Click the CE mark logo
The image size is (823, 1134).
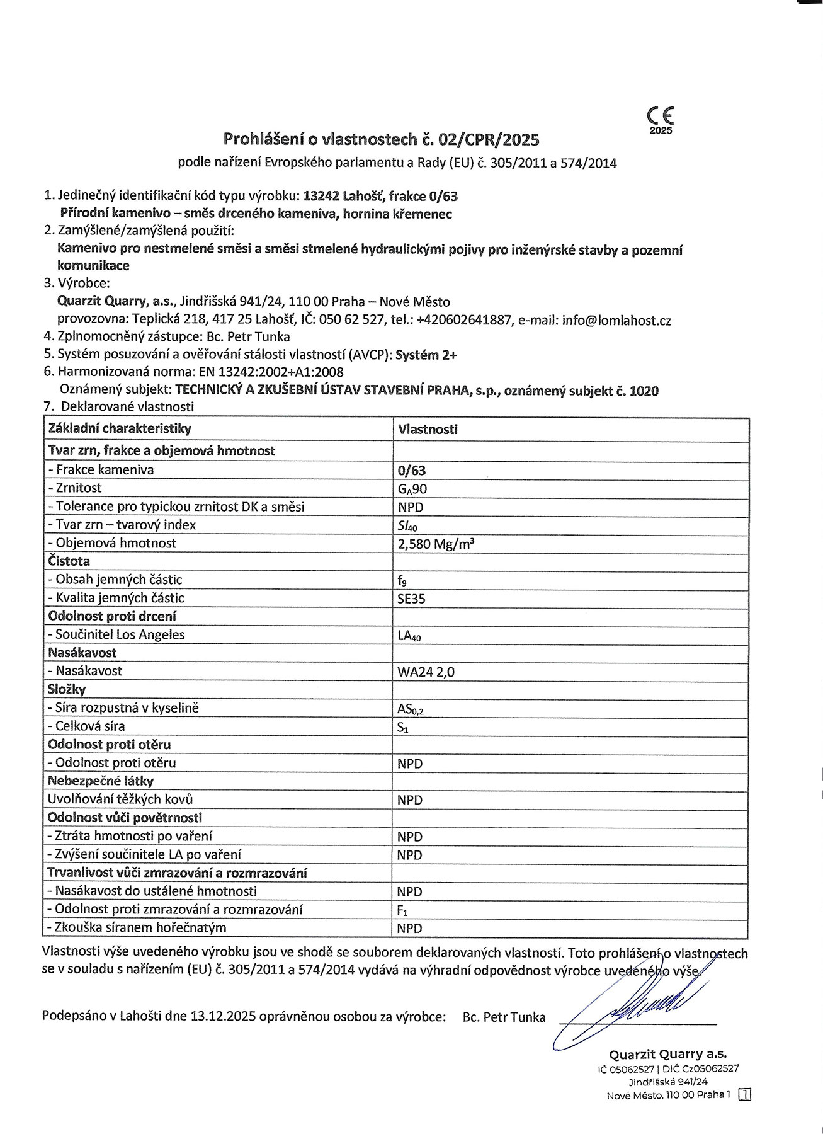click(x=660, y=117)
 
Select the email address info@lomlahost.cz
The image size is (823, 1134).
click(x=616, y=320)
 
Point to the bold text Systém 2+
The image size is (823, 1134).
click(x=427, y=355)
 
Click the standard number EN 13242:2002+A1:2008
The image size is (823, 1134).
click(x=271, y=372)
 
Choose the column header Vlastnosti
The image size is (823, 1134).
click(x=428, y=430)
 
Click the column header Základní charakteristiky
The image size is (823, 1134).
click(x=120, y=429)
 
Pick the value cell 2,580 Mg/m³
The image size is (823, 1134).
click(x=435, y=544)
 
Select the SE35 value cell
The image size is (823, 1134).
click(x=411, y=598)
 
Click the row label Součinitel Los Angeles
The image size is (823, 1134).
click(x=120, y=634)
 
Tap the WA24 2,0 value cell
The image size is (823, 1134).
click(x=426, y=672)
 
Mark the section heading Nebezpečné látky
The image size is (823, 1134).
click(x=101, y=781)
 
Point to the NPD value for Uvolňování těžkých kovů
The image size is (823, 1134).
click(x=410, y=800)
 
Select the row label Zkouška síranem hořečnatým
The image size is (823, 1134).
click(x=136, y=927)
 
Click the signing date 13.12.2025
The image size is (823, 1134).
click(x=223, y=1016)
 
